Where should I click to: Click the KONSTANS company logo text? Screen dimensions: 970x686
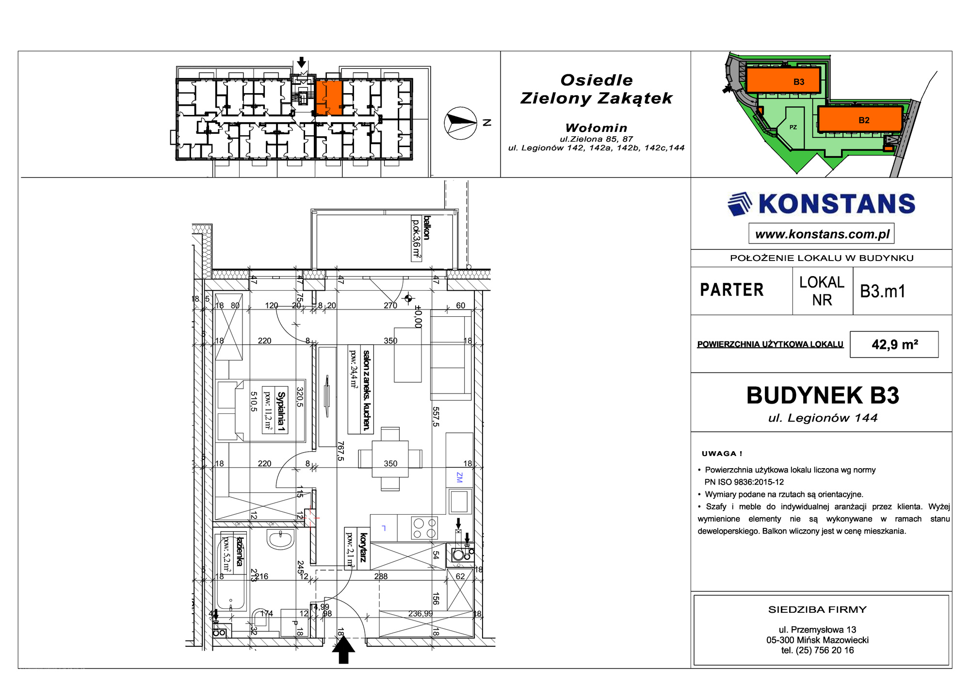pos(837,204)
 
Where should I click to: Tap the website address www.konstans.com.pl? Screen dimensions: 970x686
pos(822,234)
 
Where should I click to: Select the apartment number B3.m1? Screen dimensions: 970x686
pos(883,291)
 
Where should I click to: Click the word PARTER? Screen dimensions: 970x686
pos(732,290)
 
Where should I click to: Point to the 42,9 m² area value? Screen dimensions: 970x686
pos(895,344)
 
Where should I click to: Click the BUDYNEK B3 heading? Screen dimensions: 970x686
pos(823,395)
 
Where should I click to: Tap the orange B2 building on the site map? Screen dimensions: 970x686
pos(860,119)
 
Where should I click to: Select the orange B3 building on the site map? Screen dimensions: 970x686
pos(783,80)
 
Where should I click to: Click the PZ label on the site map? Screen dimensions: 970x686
pos(793,127)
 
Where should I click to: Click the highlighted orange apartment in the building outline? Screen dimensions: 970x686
pos(329,98)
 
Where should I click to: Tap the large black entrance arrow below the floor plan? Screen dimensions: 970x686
pos(343,650)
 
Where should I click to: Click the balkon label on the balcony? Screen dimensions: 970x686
pos(427,228)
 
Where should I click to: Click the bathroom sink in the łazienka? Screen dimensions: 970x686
pos(280,539)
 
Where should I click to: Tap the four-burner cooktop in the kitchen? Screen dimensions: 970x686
pos(424,528)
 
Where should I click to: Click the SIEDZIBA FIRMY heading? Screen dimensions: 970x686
pos(817,609)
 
